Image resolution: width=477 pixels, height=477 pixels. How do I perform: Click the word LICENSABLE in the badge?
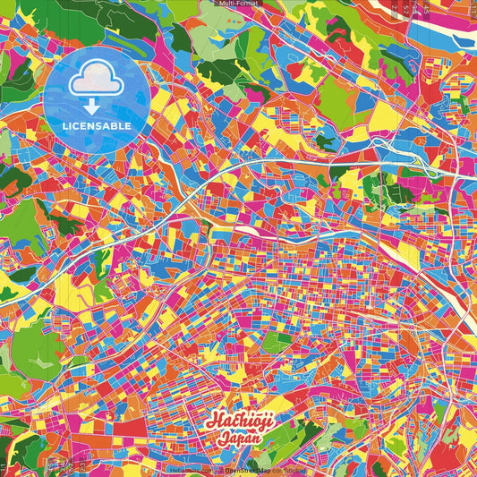[97, 125]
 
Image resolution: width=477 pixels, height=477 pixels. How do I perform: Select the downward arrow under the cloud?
[96, 106]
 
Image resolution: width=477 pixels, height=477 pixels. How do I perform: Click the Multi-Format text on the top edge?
[238, 4]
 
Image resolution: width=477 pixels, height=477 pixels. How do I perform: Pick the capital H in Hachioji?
[214, 421]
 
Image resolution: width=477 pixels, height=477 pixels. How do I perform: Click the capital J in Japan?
[219, 438]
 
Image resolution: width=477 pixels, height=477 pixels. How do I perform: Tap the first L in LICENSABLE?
[64, 125]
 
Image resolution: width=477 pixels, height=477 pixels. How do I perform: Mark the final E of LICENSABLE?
[129, 125]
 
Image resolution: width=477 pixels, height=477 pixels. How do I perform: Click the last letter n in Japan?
[257, 439]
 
